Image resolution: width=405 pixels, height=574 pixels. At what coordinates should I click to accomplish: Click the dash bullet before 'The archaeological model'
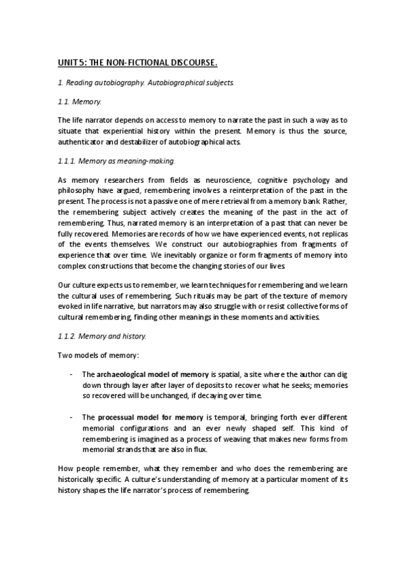pyautogui.click(x=72, y=374)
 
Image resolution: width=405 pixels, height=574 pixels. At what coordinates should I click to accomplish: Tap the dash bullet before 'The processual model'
pyautogui.click(x=72, y=418)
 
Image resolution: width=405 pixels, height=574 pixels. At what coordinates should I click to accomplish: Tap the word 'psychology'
pyautogui.click(x=302, y=181)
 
